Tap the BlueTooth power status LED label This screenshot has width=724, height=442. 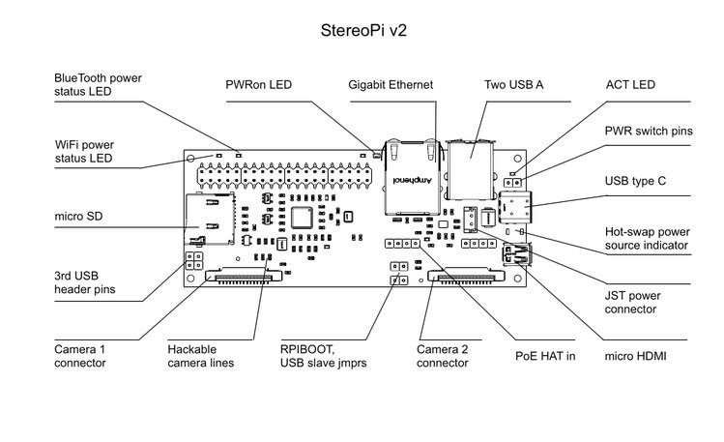[97, 84]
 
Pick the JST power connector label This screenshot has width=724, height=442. [630, 301]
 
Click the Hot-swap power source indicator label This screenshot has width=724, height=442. [646, 239]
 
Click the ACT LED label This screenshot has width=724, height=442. [630, 85]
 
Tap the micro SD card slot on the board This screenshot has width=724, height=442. [211, 220]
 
